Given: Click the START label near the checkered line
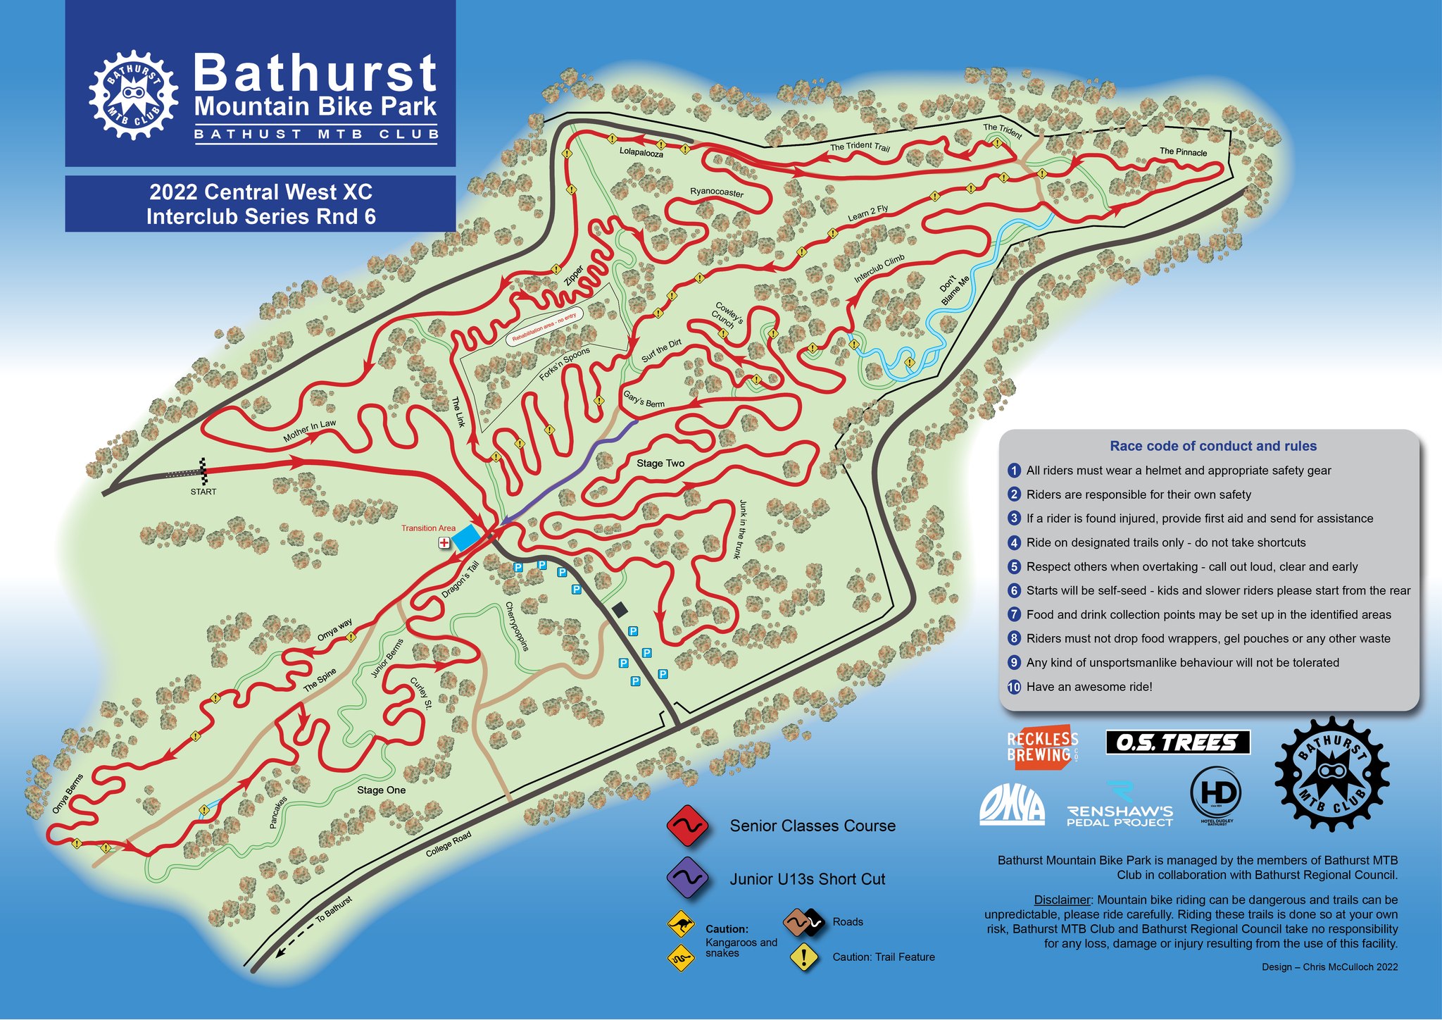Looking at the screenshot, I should point(203,492).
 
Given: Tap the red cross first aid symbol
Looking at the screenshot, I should point(444,543).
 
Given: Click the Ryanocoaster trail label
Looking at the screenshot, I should point(716,192).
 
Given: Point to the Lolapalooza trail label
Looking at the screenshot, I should point(641,152).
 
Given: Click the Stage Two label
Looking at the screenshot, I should point(660,464).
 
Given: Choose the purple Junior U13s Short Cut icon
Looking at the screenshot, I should point(686,878).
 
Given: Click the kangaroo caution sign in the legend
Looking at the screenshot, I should point(681,923).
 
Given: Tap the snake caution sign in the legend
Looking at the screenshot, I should point(680,957).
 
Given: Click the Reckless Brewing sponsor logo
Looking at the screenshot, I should point(1042,747).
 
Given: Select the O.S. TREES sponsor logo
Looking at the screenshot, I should point(1177,742).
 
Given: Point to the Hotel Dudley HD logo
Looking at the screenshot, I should point(1216,794).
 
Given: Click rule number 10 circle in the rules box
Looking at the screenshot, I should point(1014,687).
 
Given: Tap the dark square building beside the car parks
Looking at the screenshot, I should point(620,609).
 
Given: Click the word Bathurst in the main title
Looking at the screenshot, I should point(315,73).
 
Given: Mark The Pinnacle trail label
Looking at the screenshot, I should point(1183,152).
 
